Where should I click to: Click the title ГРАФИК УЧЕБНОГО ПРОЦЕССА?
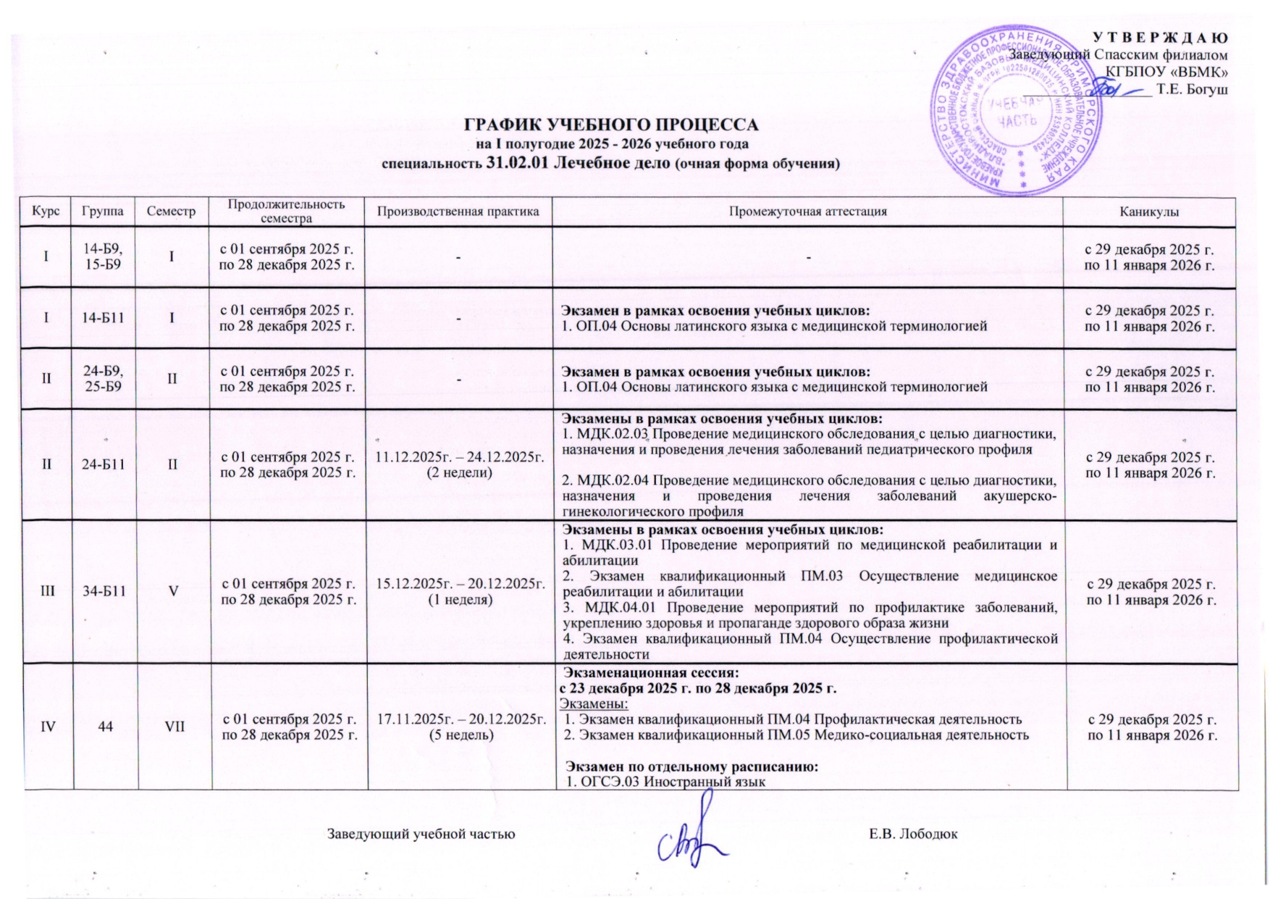point(610,124)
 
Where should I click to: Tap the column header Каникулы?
point(1148,212)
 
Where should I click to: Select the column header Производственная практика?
point(458,212)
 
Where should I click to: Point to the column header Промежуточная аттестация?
point(807,212)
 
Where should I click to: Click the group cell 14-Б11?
point(105,318)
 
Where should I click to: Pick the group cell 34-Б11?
point(105,591)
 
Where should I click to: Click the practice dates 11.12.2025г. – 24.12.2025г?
point(458,457)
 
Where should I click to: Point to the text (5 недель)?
point(458,735)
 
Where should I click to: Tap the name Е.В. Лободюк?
point(913,834)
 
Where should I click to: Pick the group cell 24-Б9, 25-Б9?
point(105,379)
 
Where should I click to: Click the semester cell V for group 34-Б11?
point(174,591)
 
